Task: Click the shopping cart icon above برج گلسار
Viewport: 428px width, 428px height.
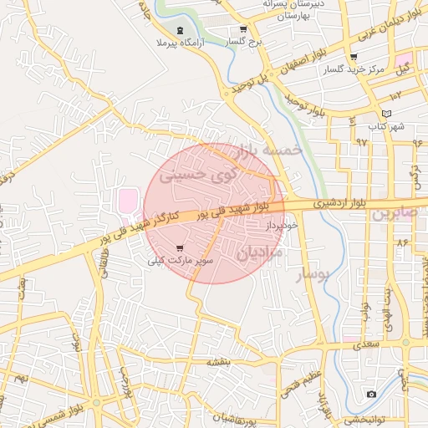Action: click(x=242, y=29)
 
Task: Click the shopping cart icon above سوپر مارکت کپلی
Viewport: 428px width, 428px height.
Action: click(x=181, y=247)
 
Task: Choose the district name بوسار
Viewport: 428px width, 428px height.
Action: click(x=314, y=273)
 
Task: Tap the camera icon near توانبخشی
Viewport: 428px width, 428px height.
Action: click(x=371, y=394)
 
